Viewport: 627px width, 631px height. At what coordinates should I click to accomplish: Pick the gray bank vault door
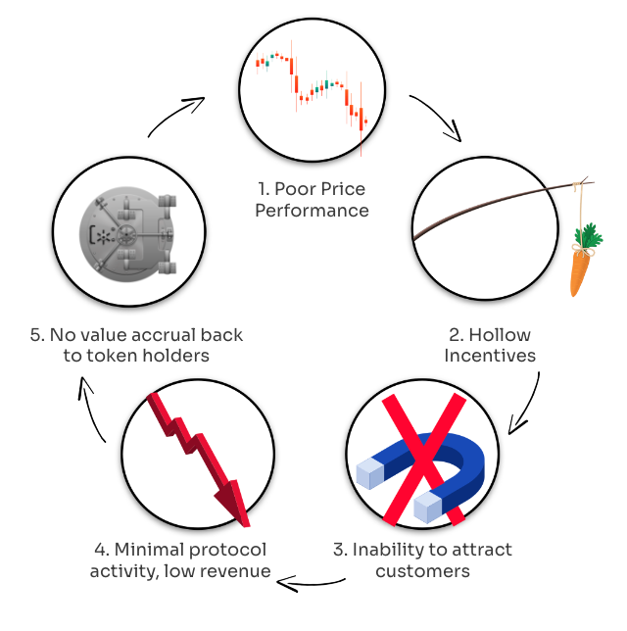point(130,233)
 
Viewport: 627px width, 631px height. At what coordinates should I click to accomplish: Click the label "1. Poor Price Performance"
point(312,199)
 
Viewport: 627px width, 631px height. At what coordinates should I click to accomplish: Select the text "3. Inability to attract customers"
point(422,559)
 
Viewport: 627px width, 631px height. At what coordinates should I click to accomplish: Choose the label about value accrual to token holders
point(137,344)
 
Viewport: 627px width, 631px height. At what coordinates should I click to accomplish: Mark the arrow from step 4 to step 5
point(93,416)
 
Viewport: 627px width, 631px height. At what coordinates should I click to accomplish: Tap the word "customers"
point(422,570)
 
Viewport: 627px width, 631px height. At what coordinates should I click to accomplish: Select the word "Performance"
point(312,210)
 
